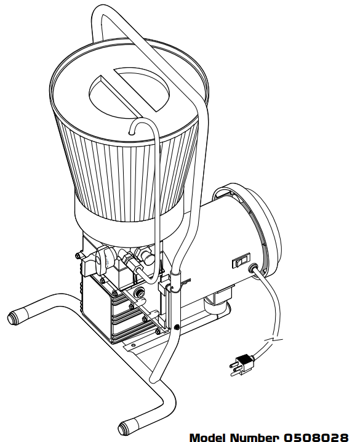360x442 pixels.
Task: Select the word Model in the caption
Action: pos(208,436)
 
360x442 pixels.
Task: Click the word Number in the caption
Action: pos(254,436)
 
